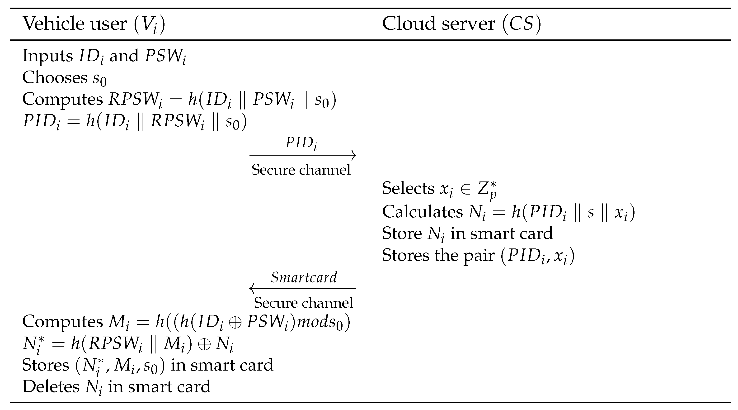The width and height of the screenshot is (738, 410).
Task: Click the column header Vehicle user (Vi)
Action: click(94, 24)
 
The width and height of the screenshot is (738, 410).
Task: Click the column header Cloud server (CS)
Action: click(461, 24)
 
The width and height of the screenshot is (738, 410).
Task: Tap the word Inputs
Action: click(47, 56)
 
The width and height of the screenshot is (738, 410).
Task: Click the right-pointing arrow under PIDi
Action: click(303, 155)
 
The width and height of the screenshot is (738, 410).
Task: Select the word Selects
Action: click(408, 188)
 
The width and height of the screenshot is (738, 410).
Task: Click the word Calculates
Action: click(422, 212)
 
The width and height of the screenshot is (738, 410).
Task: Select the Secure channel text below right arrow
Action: click(301, 170)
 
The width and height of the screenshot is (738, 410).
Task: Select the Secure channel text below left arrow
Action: click(303, 303)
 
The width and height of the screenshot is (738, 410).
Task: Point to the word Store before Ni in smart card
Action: click(402, 233)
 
